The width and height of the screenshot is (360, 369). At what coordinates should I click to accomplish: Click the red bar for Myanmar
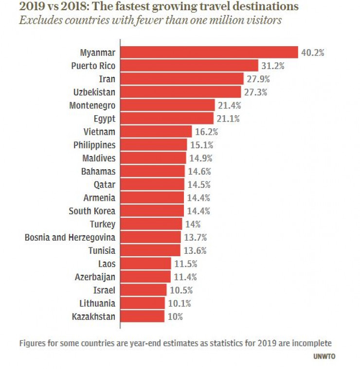(209, 52)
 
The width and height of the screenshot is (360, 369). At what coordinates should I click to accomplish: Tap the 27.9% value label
(258, 79)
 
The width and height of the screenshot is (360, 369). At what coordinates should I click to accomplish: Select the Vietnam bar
(156, 131)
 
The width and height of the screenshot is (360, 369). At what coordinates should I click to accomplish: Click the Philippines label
(94, 144)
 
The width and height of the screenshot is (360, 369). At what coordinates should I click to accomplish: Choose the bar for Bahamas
(152, 171)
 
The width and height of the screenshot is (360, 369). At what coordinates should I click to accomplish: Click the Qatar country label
(105, 184)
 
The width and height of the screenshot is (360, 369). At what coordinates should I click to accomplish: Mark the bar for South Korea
(152, 211)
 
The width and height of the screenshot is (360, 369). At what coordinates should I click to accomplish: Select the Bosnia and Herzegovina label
(70, 237)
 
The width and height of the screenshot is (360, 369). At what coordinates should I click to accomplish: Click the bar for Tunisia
(151, 250)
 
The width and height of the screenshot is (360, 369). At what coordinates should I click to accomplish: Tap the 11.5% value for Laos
(184, 264)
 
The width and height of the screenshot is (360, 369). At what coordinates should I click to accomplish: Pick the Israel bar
(143, 290)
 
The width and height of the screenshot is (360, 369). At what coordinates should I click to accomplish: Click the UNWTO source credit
(324, 356)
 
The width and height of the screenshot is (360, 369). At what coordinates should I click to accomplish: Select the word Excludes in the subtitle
(38, 21)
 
